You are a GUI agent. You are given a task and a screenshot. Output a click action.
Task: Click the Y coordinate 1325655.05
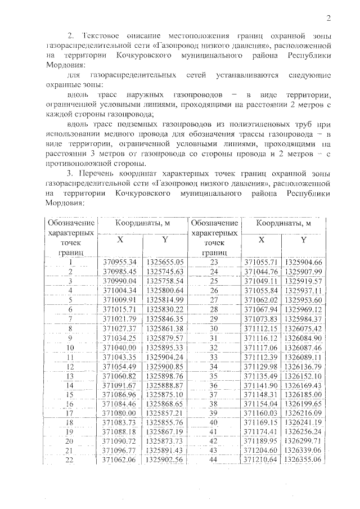165,262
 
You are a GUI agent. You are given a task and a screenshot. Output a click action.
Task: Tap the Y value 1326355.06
303,460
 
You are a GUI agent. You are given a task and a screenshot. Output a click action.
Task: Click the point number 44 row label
213,460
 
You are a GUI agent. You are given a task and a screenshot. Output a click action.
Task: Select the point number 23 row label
213,262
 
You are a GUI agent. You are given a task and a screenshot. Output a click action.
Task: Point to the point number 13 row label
71,375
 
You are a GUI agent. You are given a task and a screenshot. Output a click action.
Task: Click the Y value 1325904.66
303,262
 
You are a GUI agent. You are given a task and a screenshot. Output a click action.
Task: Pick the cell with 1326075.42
303,328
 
